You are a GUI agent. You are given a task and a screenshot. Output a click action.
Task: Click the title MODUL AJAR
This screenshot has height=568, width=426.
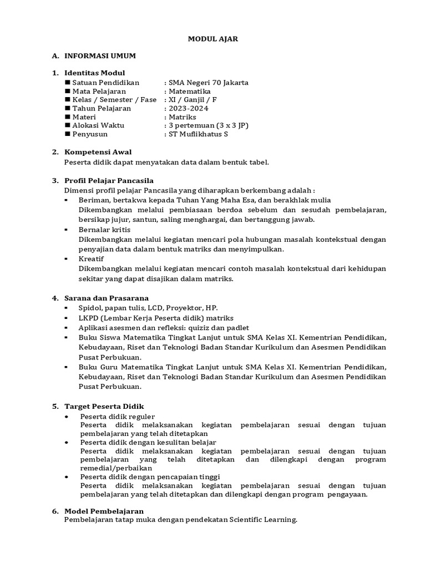tap(213, 39)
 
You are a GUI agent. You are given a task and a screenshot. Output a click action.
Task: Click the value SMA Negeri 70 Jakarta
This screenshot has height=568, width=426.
tap(209, 83)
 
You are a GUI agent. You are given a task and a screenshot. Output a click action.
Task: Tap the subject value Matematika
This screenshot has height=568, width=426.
tap(189, 92)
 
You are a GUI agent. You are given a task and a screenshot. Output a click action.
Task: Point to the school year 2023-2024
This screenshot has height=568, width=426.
tap(189, 109)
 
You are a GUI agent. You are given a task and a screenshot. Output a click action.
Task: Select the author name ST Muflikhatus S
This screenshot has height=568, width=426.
tap(198, 134)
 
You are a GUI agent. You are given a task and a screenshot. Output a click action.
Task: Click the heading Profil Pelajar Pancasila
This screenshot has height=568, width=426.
tap(109, 181)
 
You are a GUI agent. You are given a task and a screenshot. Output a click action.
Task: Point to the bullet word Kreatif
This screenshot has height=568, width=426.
tap(91, 258)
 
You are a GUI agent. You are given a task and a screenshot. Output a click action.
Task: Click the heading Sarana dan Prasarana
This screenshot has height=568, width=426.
tap(106, 298)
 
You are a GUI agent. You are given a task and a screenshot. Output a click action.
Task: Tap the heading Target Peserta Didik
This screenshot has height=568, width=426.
tap(104, 406)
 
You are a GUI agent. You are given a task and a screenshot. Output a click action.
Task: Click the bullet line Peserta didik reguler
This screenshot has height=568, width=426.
tap(118, 417)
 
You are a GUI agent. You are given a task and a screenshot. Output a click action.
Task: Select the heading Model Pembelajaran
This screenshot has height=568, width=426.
tap(104, 511)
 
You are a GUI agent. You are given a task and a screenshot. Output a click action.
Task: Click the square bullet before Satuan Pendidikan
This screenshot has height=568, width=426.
tap(68, 83)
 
